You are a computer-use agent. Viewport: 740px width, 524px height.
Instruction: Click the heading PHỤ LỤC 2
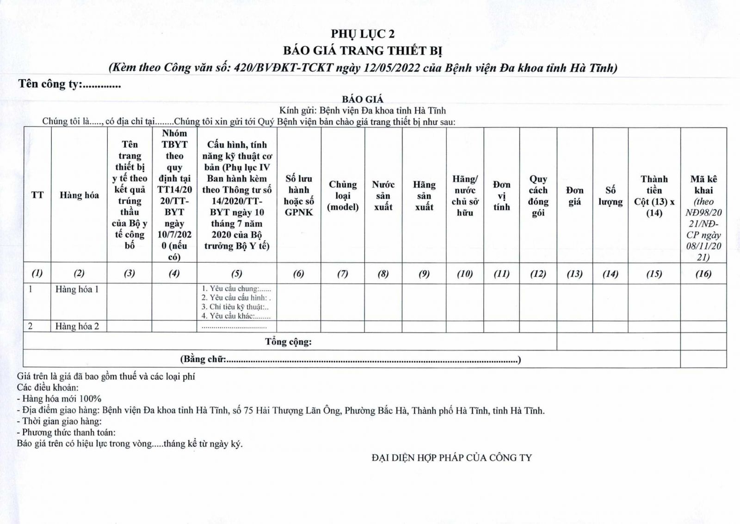363,34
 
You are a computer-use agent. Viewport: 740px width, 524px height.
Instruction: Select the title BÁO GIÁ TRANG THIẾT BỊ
363,50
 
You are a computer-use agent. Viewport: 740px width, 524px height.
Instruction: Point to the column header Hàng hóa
79,195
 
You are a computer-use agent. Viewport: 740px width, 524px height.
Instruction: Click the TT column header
37,195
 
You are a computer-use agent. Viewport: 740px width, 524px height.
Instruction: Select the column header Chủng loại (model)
343,196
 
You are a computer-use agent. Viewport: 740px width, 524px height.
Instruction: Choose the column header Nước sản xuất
383,196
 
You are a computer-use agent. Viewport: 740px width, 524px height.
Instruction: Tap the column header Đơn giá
574,196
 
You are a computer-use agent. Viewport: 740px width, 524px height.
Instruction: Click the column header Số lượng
610,196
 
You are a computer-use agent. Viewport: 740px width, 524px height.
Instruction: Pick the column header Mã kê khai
703,185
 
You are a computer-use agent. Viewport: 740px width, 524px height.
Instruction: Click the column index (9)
424,274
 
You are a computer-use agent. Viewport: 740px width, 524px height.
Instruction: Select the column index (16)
703,274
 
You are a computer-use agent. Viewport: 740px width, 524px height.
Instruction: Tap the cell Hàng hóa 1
77,289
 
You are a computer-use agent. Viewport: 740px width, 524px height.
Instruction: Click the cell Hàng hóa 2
77,326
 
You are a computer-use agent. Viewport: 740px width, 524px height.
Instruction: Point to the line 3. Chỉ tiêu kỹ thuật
235,307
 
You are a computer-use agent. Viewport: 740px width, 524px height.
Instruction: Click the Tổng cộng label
288,342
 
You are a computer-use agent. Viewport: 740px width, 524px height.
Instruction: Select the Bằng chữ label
203,359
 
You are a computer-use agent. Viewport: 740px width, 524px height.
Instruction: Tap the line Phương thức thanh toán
66,432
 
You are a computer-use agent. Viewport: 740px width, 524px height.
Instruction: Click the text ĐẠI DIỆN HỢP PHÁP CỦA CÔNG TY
452,458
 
